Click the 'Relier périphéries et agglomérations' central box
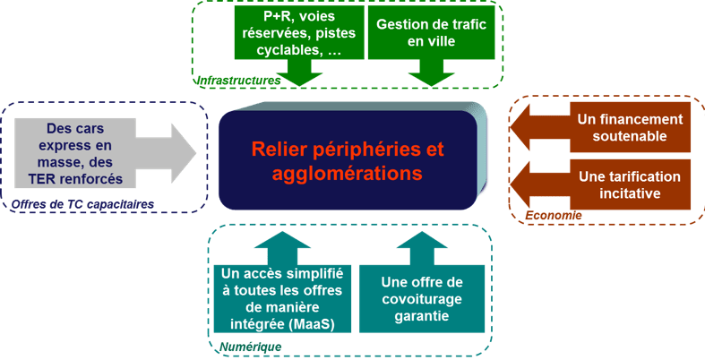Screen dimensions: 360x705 348,159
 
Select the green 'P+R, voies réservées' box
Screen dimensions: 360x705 298,35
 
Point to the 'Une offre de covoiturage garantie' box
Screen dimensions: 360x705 421,295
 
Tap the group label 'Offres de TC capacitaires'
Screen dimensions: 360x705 82,204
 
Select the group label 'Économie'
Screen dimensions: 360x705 553,216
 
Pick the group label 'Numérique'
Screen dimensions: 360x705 251,346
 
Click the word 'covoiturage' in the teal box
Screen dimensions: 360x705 421,298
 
